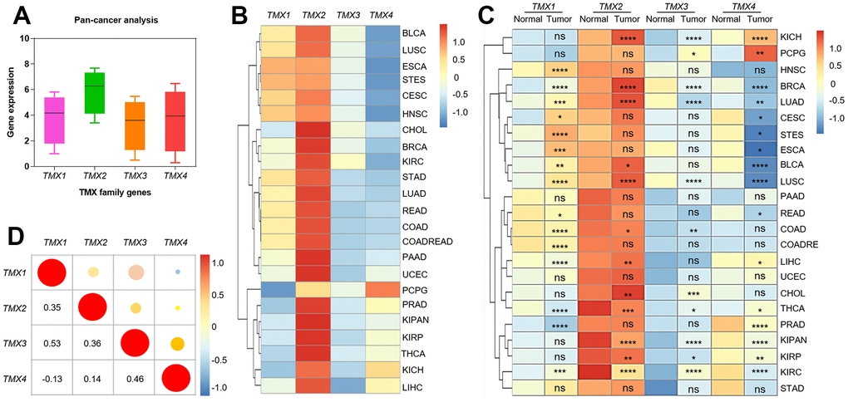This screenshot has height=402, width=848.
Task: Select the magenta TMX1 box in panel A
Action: click(x=55, y=120)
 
